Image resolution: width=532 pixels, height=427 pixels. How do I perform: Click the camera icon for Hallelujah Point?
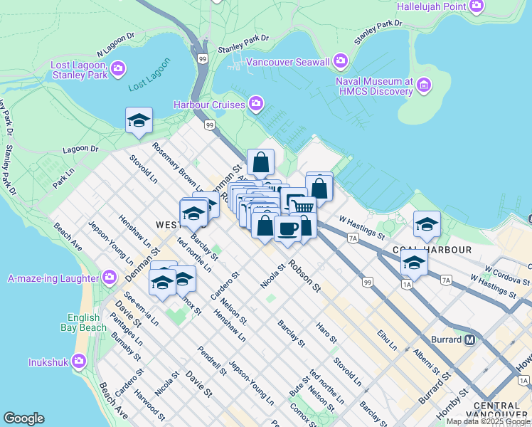[477, 6]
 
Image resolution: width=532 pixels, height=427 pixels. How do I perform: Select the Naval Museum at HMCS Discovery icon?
[425, 86]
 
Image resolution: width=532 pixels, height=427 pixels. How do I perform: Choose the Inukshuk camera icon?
[79, 362]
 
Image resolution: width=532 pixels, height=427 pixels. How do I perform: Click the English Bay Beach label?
[87, 322]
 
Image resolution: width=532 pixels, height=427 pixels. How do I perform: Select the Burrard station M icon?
[469, 339]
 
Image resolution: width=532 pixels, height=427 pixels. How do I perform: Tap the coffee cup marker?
[287, 228]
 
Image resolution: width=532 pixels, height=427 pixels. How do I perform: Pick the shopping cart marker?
[302, 206]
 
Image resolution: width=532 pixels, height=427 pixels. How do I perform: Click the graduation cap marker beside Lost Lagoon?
[139, 120]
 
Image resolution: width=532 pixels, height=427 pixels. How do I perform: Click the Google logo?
[23, 418]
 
